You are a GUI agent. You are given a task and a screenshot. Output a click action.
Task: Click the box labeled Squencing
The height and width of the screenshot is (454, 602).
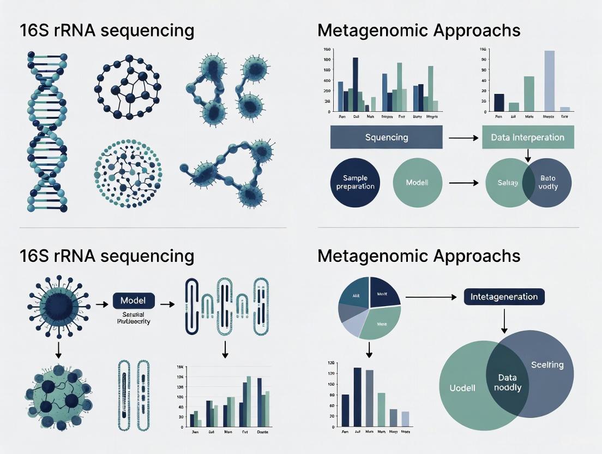386,137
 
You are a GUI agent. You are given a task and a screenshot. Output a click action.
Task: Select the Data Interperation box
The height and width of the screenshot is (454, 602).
528,137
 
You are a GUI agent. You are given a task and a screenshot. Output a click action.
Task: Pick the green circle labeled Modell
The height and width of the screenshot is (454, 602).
417,182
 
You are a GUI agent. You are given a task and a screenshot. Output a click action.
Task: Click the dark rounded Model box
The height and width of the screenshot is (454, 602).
134,301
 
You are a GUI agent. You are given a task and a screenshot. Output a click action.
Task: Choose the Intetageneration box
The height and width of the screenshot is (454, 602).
504,297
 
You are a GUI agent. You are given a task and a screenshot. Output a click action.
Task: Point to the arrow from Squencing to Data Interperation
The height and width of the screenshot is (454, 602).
461,138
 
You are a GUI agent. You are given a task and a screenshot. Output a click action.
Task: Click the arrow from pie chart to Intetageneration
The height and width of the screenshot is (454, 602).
430,297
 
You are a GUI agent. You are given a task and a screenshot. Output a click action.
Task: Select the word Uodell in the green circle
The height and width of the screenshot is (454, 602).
462,388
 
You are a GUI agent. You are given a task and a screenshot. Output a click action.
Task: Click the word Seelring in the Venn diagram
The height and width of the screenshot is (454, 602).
547,365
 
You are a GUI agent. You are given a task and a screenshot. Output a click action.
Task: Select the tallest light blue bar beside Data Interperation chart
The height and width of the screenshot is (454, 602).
549,80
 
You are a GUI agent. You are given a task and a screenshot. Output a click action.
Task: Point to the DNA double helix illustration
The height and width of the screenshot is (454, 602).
47,131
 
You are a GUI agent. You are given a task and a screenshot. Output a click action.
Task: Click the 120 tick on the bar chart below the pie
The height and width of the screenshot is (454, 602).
330,373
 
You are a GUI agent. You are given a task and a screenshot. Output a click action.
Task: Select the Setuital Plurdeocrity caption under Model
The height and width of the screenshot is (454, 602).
133,318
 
